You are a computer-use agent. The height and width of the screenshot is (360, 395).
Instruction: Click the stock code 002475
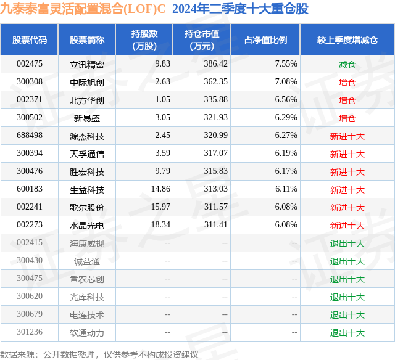(30, 63)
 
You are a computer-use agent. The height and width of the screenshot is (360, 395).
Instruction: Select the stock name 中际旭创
(87, 81)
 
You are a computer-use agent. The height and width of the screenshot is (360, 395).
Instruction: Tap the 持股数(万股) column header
(144, 40)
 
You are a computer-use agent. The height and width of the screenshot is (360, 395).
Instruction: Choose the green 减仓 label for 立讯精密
(347, 63)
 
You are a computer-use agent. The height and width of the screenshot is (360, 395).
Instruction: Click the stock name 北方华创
(87, 100)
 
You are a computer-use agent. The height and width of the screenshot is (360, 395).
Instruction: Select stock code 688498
(30, 136)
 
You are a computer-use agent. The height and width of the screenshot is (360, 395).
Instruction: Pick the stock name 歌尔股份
(87, 208)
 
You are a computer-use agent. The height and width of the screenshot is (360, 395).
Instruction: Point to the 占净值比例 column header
(265, 40)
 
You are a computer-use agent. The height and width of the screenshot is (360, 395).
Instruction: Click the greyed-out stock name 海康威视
(87, 243)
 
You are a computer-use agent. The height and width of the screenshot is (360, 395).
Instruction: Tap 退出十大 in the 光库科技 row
(347, 297)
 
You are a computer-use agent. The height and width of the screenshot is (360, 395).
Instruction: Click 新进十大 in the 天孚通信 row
(347, 154)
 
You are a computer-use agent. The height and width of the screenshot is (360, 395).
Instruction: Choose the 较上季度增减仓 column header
(347, 40)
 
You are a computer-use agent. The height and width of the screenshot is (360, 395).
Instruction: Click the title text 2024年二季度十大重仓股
(241, 9)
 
